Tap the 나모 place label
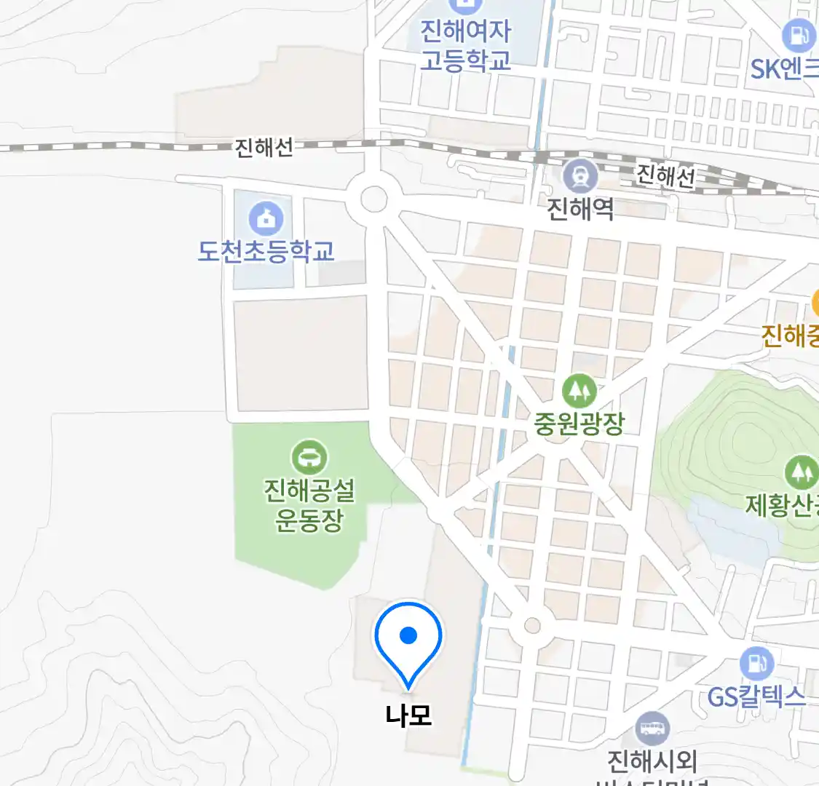[x=408, y=715]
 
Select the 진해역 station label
[x=580, y=210]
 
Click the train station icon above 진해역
[x=580, y=176]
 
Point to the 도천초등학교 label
[x=266, y=251]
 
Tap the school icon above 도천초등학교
[x=266, y=218]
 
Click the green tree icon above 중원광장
[x=579, y=391]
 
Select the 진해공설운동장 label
[x=309, y=505]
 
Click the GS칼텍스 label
[x=756, y=697]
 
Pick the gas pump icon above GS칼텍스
[x=756, y=664]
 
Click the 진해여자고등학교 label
[x=466, y=45]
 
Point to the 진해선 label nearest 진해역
[x=665, y=175]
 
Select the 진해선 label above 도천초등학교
[x=264, y=148]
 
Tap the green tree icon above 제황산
[x=802, y=472]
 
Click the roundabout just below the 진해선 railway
[x=373, y=198]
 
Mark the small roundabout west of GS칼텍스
[x=532, y=626]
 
